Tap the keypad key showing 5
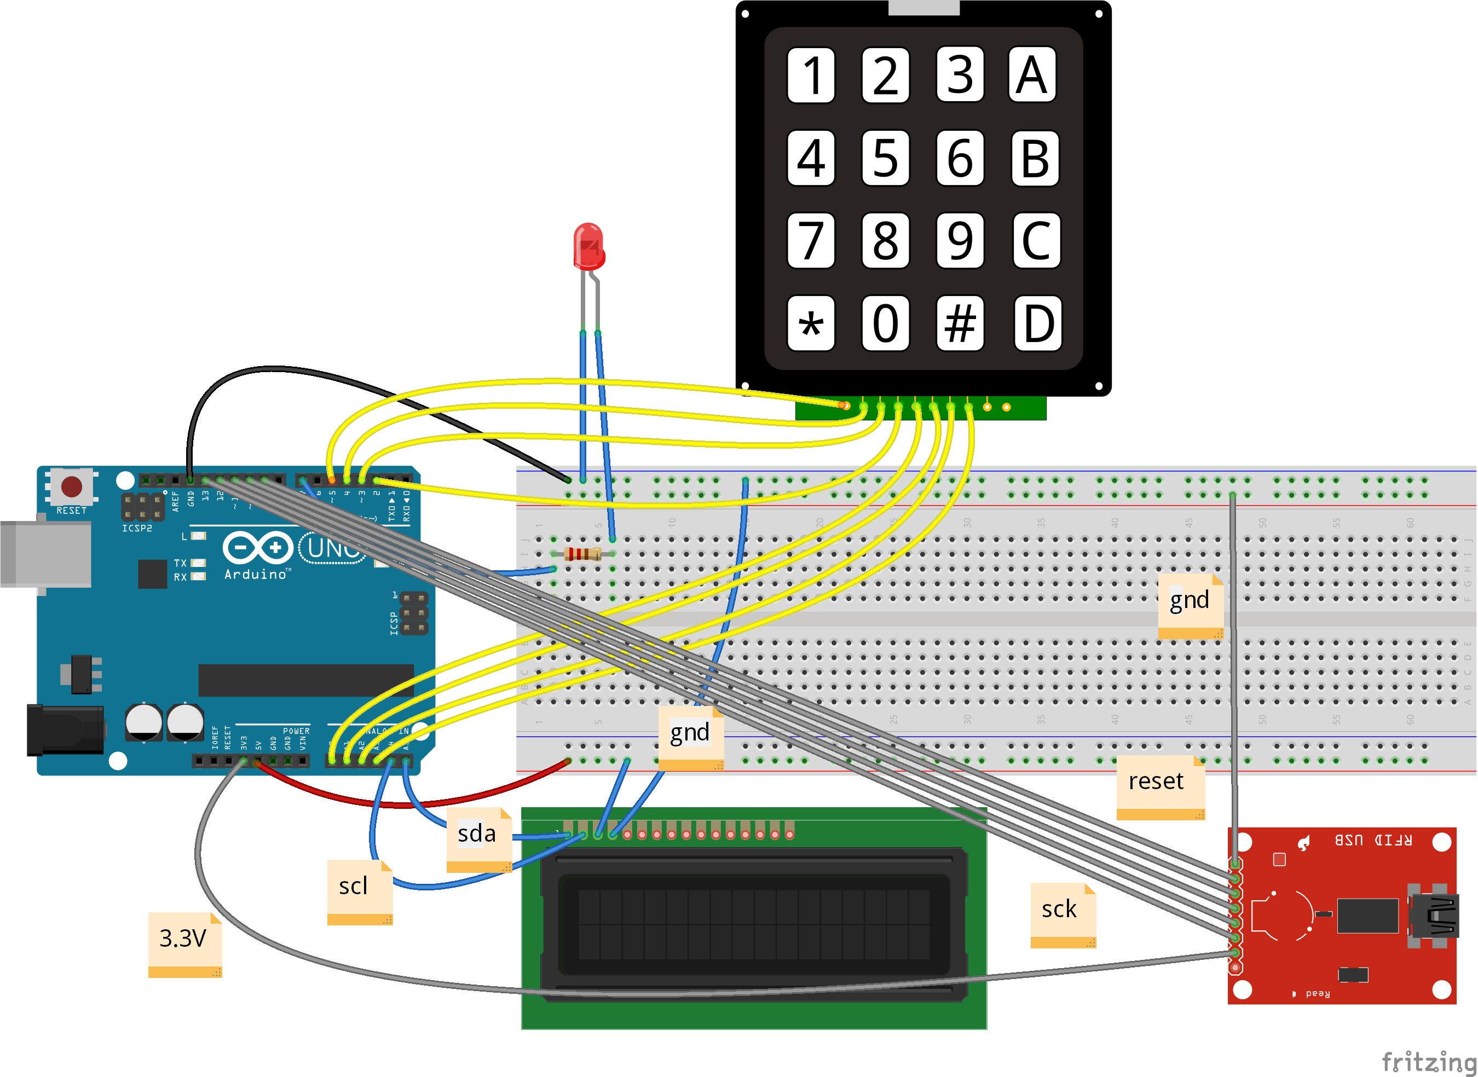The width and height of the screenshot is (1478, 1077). point(885,158)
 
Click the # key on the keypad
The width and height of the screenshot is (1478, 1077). point(959,323)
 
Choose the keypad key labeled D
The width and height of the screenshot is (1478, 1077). point(1038,323)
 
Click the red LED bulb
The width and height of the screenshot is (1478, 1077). point(588,246)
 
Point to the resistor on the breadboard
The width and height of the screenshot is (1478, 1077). point(583,554)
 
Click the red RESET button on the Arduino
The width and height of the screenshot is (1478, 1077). point(71,487)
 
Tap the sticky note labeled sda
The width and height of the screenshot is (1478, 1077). point(478,837)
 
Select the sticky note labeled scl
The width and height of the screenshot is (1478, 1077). point(359,890)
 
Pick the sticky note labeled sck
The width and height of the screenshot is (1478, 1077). point(1062,913)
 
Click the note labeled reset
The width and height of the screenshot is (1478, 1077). point(1159,785)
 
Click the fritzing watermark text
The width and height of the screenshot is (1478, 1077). point(1428,1061)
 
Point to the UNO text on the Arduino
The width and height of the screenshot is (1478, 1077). point(332,548)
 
